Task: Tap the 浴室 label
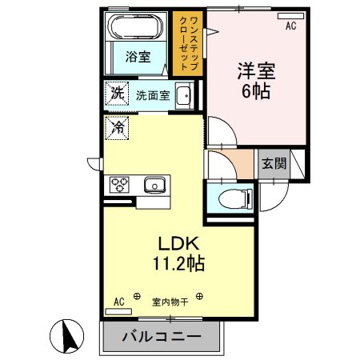(x=137, y=57)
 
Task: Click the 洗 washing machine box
(x=117, y=94)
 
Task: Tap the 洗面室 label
(x=152, y=94)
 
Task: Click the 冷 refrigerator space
(x=117, y=126)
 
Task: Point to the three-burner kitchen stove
(x=121, y=185)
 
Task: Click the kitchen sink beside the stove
(x=154, y=185)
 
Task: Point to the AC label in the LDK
(x=118, y=302)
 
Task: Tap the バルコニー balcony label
(x=161, y=337)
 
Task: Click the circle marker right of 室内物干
(x=199, y=297)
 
